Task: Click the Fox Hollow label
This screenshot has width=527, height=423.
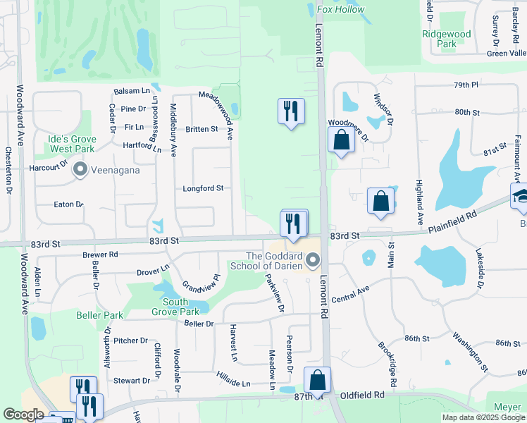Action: point(341,10)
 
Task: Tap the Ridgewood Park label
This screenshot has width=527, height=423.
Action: point(446,39)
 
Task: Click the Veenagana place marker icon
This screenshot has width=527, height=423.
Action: point(80,169)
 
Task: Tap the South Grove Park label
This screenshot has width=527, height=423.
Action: point(175,306)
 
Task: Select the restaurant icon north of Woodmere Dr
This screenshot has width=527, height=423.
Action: point(291,111)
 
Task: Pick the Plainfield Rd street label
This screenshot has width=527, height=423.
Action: point(452,223)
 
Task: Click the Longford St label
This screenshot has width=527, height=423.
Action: point(203,188)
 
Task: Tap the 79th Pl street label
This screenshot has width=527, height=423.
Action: point(466,85)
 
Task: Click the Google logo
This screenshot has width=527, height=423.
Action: point(23,415)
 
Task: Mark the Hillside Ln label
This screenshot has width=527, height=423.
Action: point(233,379)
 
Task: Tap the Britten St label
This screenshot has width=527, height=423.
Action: point(201,129)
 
